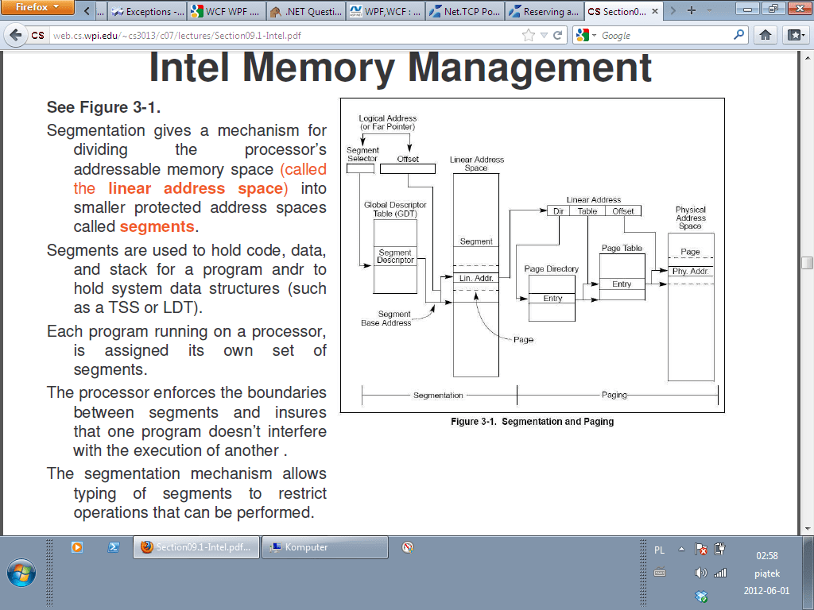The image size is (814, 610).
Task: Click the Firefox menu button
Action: click(38, 8)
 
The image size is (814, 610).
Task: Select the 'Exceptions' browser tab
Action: click(147, 12)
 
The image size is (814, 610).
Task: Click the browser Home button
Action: click(766, 35)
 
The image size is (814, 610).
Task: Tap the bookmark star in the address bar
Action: click(529, 35)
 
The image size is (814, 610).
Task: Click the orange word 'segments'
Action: click(157, 227)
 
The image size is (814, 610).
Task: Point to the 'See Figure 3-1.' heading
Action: click(109, 107)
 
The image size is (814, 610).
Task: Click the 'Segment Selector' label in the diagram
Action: click(363, 154)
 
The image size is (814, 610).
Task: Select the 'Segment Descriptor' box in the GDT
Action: click(395, 257)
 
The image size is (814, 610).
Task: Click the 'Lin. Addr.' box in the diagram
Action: click(476, 278)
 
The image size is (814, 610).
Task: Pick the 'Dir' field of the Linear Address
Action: click(558, 210)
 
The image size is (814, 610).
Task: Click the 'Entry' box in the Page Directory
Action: click(552, 299)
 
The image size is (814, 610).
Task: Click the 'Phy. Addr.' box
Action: click(690, 272)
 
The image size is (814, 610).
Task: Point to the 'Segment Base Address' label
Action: click(386, 319)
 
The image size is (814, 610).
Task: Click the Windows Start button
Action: click(21, 573)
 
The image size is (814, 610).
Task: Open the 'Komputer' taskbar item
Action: click(324, 547)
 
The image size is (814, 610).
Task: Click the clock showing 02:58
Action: click(766, 556)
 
